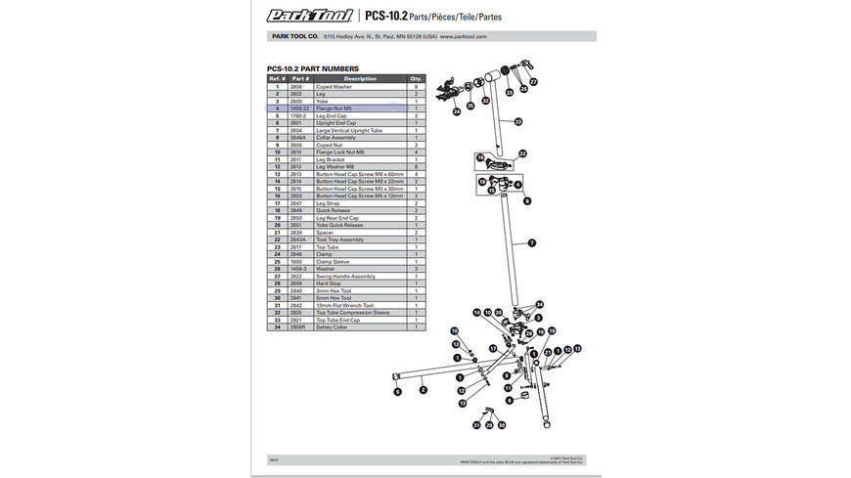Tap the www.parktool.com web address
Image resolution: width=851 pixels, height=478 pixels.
[x=464, y=36]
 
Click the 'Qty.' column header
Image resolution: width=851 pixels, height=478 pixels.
[x=416, y=78]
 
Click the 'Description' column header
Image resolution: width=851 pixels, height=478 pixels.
[x=360, y=78]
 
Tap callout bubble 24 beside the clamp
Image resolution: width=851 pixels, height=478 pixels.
[x=456, y=111]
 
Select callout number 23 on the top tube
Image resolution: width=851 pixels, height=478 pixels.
[x=518, y=121]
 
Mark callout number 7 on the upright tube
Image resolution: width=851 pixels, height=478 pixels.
[x=532, y=241]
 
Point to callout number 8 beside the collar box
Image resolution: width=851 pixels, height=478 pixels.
[x=526, y=200]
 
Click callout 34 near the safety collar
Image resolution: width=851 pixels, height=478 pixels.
[x=538, y=305]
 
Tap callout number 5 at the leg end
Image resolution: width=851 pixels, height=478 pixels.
[x=398, y=392]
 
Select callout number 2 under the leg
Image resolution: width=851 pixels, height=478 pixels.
[x=424, y=388]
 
